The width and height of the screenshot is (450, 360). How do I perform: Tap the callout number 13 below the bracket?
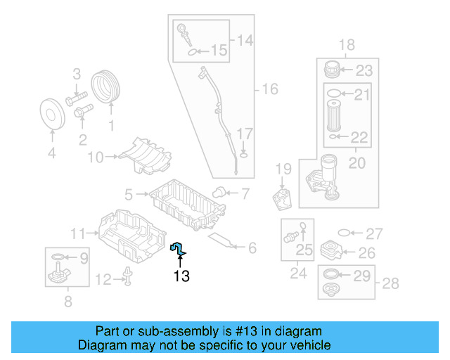pyautogui.click(x=181, y=276)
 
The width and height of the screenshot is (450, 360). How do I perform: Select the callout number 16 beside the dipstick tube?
pyautogui.click(x=270, y=89)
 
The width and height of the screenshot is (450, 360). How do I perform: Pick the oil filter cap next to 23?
pyautogui.click(x=333, y=70)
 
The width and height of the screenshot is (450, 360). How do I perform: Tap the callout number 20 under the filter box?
pyautogui.click(x=356, y=162)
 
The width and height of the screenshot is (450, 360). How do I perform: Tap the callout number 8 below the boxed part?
pyautogui.click(x=68, y=303)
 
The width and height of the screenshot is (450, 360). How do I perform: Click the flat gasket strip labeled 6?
pyautogui.click(x=223, y=241)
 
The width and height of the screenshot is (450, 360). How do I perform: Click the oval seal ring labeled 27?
pyautogui.click(x=343, y=233)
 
